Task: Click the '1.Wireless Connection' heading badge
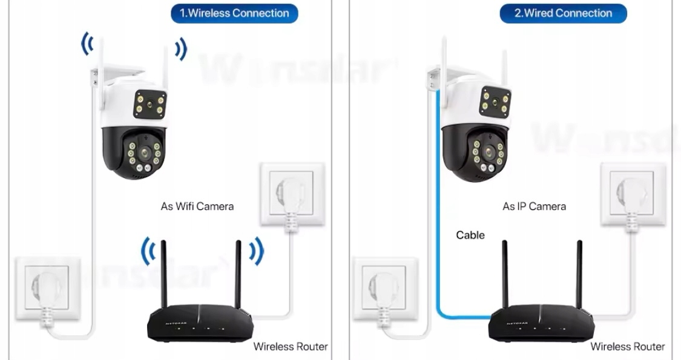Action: pyautogui.click(x=234, y=13)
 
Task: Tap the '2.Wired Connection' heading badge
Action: pyautogui.click(x=562, y=13)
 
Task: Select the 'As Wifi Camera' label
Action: pyautogui.click(x=197, y=206)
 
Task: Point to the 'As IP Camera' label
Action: pyautogui.click(x=534, y=206)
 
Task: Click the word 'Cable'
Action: pyautogui.click(x=470, y=235)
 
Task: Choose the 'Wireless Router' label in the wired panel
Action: pyautogui.click(x=627, y=347)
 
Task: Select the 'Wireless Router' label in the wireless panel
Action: pyautogui.click(x=290, y=347)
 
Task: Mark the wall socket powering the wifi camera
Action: pyautogui.click(x=47, y=289)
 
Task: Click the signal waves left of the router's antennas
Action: pyautogui.click(x=147, y=251)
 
